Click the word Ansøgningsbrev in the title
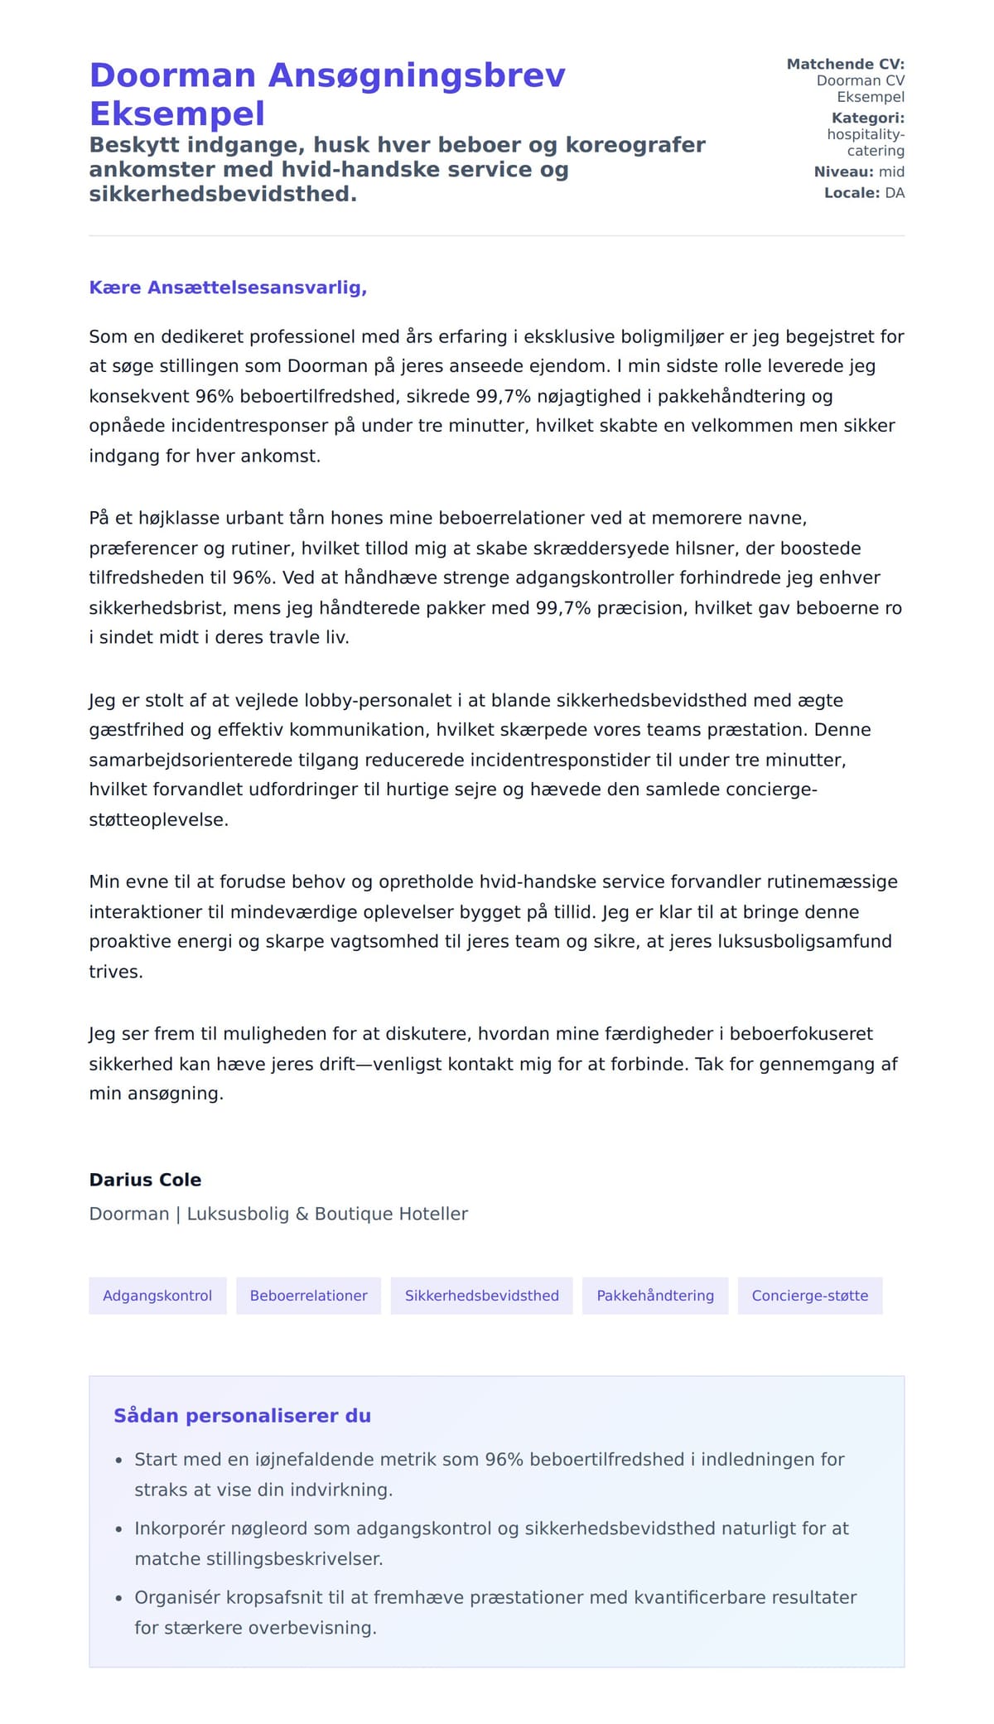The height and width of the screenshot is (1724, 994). (417, 75)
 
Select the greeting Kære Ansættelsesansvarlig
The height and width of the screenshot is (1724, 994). (228, 287)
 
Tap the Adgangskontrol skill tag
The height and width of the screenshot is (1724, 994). (157, 1296)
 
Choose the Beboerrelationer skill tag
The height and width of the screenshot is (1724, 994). (308, 1296)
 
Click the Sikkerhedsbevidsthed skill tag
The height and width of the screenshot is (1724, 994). (481, 1296)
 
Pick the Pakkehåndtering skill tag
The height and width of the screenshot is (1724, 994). (655, 1296)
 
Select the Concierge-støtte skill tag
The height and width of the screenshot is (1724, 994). (809, 1296)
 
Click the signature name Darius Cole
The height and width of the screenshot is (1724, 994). (145, 1180)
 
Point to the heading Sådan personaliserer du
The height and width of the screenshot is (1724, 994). (242, 1416)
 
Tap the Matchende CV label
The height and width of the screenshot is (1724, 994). (845, 64)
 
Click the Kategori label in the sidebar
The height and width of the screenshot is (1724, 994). (867, 118)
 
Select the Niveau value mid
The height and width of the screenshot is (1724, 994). (891, 171)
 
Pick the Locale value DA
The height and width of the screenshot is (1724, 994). (895, 193)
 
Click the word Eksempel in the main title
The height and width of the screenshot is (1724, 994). (177, 113)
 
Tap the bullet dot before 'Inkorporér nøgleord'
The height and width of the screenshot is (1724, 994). (118, 1529)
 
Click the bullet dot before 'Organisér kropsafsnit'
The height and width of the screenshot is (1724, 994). (118, 1598)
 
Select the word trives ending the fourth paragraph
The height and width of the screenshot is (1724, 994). (115, 971)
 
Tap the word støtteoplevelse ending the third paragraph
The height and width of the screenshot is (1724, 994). (157, 819)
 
